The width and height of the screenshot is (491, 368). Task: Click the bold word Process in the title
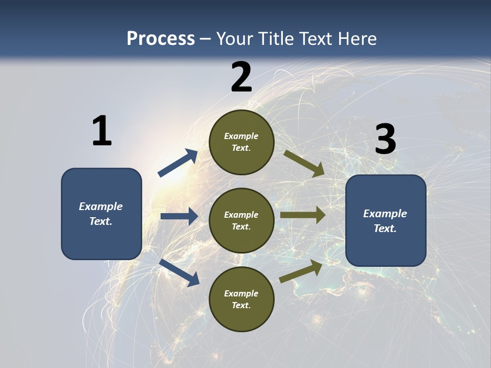(161, 39)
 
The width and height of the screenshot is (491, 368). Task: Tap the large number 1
(102, 131)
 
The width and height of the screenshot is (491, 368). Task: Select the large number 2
(241, 77)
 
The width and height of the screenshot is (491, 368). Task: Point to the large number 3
(385, 140)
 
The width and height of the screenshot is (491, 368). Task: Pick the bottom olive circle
(241, 317)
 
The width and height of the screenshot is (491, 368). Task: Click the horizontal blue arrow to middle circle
(179, 216)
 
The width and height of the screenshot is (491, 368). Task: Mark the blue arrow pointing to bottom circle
(180, 272)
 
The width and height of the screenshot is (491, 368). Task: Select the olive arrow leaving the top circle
(304, 163)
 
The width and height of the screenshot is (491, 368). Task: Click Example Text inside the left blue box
(101, 214)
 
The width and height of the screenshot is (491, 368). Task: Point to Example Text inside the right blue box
(385, 221)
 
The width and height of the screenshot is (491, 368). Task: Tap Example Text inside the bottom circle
(241, 300)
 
